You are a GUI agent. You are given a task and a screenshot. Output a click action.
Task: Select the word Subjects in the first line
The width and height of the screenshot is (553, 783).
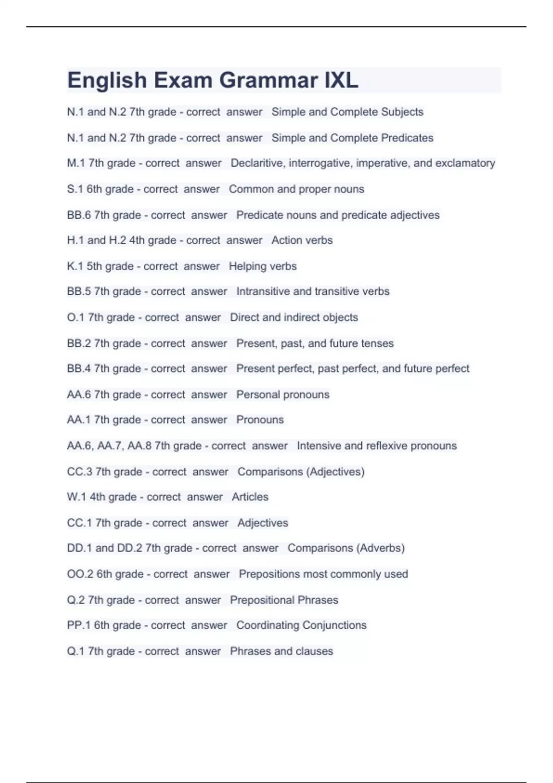pyautogui.click(x=402, y=112)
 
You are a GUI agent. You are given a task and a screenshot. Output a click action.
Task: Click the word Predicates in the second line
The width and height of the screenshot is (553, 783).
pyautogui.click(x=407, y=138)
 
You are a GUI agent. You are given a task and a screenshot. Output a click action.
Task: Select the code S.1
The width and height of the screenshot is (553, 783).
pyautogui.click(x=75, y=189)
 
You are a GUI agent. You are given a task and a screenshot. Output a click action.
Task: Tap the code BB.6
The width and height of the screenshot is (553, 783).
pyautogui.click(x=79, y=215)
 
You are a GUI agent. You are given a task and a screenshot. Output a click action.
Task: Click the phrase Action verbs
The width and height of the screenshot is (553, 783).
pyautogui.click(x=302, y=240)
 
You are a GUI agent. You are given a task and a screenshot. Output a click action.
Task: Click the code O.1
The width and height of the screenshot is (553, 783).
pyautogui.click(x=76, y=317)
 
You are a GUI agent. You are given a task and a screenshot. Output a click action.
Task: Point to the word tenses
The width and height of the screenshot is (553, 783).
pyautogui.click(x=378, y=344)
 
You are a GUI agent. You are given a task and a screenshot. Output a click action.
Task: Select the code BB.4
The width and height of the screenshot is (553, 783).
pyautogui.click(x=79, y=368)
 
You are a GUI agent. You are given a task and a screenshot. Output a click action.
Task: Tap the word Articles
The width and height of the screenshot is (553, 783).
pyautogui.click(x=250, y=497)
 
